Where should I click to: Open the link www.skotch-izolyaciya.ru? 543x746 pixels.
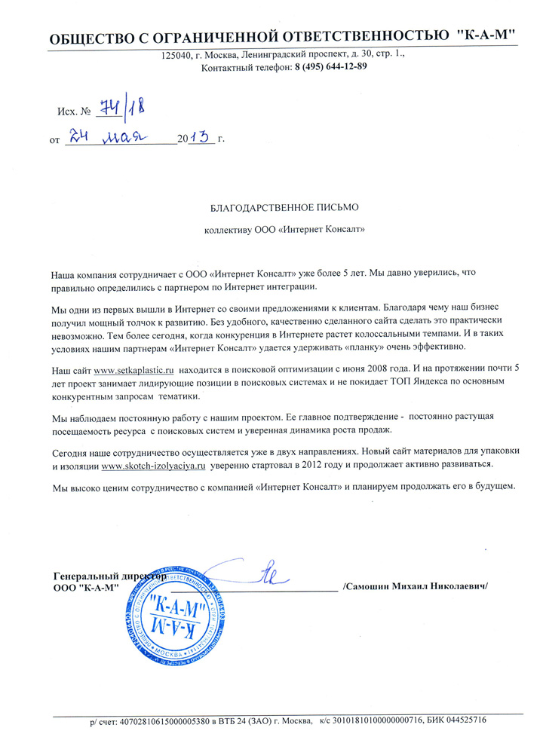click(153, 466)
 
